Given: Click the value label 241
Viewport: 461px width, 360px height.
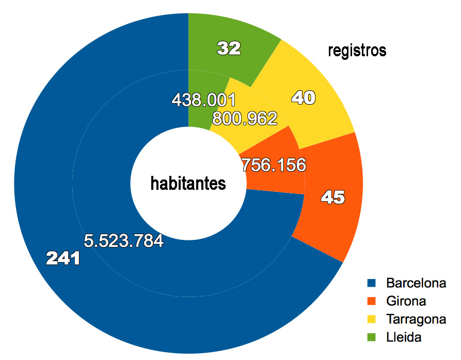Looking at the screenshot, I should point(63,258).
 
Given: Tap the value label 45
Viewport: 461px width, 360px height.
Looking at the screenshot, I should point(332,197).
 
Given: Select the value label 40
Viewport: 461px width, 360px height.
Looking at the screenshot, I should point(304,97).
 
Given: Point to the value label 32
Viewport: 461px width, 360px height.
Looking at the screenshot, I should point(229,48).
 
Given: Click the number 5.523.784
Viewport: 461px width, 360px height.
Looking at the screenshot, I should point(123,240).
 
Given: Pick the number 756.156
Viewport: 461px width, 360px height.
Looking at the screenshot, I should point(274,165).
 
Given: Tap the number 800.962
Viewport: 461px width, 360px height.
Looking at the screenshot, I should point(245,119).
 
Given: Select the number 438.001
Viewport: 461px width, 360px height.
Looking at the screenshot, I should point(203,99).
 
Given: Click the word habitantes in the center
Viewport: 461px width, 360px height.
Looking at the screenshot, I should point(188,183).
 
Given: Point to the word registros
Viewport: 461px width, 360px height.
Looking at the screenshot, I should point(357,51).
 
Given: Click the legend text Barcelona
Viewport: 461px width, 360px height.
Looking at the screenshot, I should point(416,283).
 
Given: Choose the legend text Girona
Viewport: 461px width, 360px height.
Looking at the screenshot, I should point(406,301).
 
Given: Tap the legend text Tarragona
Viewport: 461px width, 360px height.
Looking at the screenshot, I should point(416,319).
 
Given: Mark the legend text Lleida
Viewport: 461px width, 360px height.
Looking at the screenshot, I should point(404,337).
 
